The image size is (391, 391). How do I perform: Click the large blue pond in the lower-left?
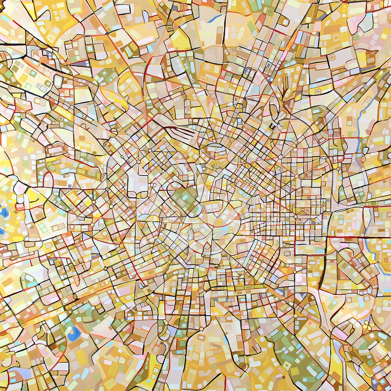click(74, 334)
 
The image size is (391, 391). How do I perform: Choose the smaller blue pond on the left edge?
click(2, 231)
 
